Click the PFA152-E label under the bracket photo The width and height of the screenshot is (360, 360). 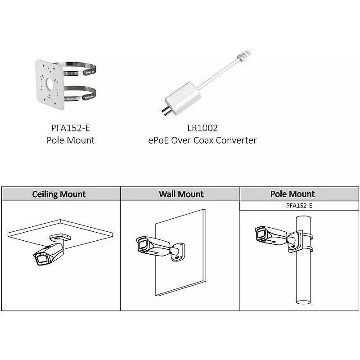pyautogui.click(x=71, y=128)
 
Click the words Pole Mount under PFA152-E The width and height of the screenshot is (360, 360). pyautogui.click(x=71, y=140)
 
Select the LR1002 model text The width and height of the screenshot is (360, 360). pyautogui.click(x=202, y=128)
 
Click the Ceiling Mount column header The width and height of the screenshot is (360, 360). pyautogui.click(x=59, y=194)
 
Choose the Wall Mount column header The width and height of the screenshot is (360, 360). pyautogui.click(x=181, y=194)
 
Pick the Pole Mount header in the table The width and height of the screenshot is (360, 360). pyautogui.click(x=292, y=194)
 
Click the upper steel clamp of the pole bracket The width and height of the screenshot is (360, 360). pyautogui.click(x=83, y=69)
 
